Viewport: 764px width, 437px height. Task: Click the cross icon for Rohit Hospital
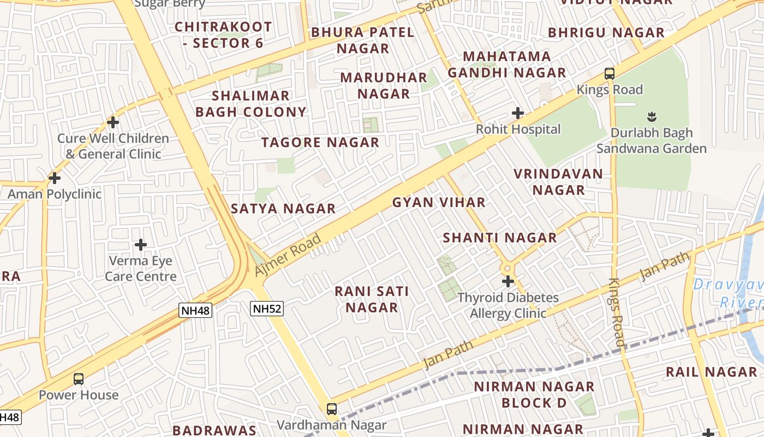518,113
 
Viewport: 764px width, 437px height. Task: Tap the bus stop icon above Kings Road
610,74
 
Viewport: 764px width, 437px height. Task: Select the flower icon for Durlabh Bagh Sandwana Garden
652,116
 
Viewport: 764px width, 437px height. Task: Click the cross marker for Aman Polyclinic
55,178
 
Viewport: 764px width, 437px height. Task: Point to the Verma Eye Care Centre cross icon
141,245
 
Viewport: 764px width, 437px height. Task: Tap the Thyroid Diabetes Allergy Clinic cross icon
508,282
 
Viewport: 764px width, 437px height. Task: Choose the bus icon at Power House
79,379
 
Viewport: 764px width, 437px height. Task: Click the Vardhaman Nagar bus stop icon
331,409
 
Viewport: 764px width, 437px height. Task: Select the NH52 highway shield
267,309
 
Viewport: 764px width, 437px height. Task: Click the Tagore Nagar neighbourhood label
320,143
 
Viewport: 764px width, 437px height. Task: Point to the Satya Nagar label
283,209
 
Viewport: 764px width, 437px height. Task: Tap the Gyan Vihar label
439,203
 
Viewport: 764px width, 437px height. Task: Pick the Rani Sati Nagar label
372,299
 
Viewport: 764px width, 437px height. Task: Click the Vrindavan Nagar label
558,182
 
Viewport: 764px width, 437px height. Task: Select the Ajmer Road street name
288,255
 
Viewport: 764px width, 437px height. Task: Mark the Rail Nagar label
711,373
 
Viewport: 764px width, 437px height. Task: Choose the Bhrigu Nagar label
606,33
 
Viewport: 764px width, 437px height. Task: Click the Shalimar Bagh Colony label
251,104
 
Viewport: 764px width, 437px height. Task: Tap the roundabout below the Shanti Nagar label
508,268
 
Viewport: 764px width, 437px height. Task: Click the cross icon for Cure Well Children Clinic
113,122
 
